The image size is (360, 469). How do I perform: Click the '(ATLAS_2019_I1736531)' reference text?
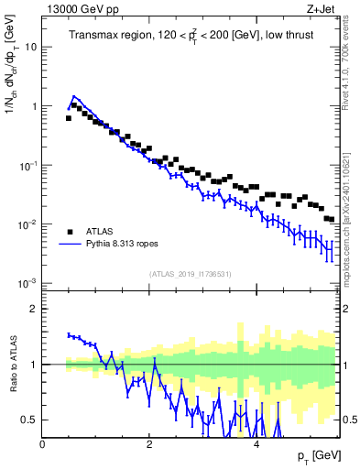pyautogui.click(x=190, y=273)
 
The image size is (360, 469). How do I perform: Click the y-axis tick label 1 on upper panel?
pyautogui.click(x=34, y=106)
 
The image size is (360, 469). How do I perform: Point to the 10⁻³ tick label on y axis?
pyautogui.click(x=28, y=283)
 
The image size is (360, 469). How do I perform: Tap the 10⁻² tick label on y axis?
pyautogui.click(x=28, y=224)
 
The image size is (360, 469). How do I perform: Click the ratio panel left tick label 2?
pyautogui.click(x=34, y=309)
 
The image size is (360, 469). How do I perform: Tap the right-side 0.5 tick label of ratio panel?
pyautogui.click(x=348, y=420)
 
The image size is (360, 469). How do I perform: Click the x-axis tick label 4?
pyautogui.click(x=256, y=444)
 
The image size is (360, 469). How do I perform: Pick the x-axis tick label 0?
pyautogui.click(x=42, y=444)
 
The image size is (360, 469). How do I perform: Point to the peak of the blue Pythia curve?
pyautogui.click(x=74, y=95)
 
